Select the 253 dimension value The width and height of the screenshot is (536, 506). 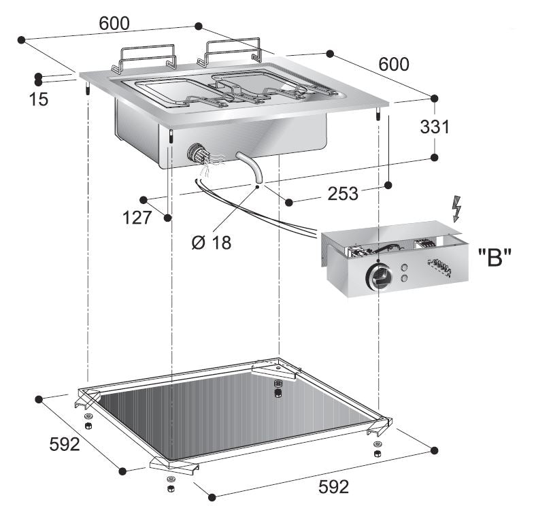click(x=343, y=194)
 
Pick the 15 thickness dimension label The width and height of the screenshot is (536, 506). click(x=39, y=99)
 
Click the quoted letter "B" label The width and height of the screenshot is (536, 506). click(x=494, y=258)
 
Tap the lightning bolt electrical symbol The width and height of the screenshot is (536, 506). click(x=456, y=209)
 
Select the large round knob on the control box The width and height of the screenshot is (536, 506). click(x=378, y=277)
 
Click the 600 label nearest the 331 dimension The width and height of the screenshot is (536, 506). click(x=394, y=65)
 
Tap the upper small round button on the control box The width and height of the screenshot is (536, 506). click(x=406, y=267)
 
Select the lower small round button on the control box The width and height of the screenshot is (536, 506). click(x=406, y=278)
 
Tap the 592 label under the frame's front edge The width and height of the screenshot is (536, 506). click(x=334, y=487)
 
